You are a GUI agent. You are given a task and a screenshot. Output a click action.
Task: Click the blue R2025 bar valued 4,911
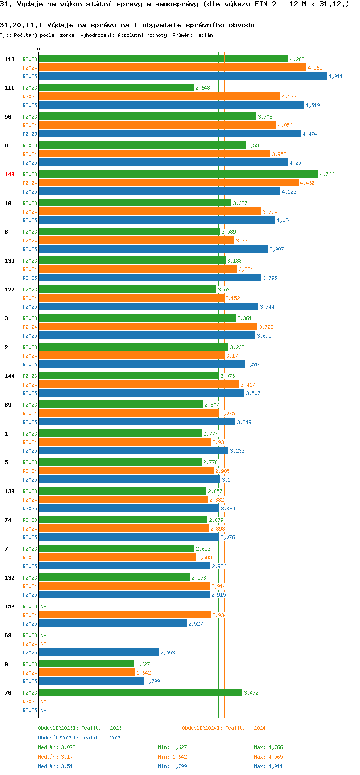click(x=182, y=76)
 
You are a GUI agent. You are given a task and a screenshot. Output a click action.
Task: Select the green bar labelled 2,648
click(x=116, y=87)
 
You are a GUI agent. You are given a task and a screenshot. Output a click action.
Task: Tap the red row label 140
click(x=9, y=174)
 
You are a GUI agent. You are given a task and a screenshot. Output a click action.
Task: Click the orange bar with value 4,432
click(x=168, y=182)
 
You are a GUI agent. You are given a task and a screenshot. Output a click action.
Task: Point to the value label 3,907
click(x=276, y=249)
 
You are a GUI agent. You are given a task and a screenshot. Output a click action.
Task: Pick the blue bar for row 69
click(x=98, y=652)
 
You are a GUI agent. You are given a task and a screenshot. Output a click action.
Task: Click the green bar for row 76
click(x=141, y=692)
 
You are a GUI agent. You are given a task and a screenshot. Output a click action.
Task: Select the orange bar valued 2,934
click(x=124, y=615)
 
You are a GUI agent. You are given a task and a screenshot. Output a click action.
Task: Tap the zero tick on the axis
click(x=38, y=49)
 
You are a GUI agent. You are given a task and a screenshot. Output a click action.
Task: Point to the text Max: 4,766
click(x=268, y=747)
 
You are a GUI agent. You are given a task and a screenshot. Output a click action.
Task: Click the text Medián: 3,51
click(x=55, y=766)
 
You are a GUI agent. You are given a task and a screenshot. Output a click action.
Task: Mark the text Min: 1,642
click(x=172, y=757)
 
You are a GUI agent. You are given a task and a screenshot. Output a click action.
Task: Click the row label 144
click(x=9, y=376)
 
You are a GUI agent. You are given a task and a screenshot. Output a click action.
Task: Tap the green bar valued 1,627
click(x=86, y=664)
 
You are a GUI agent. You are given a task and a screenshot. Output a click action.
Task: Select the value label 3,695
click(x=264, y=336)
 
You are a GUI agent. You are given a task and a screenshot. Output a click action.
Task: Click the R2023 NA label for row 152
click(x=43, y=606)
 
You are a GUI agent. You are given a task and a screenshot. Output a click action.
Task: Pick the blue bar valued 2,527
click(x=113, y=623)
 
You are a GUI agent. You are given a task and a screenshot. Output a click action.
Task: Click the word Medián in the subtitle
click(x=204, y=35)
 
